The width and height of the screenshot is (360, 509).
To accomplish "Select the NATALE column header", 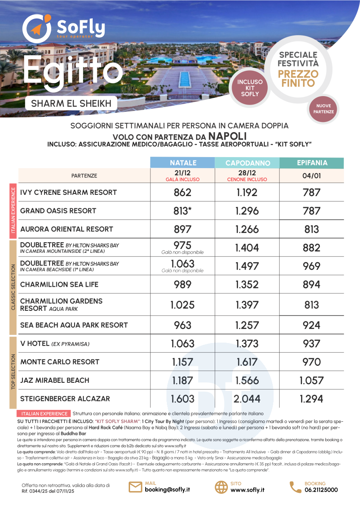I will coord(183,163).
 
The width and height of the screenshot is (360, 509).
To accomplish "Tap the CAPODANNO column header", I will coord(247,163).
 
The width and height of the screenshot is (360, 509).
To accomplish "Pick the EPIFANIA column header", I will coord(312,163).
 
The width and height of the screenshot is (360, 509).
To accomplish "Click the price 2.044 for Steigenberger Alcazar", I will coord(247,398).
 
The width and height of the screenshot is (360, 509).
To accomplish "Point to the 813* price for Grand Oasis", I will coord(183,210).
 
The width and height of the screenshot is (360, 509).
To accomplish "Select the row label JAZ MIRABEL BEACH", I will coord(59,380).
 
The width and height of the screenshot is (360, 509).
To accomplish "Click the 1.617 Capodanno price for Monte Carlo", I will coord(247,362).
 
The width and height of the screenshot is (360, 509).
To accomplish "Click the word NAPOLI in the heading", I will coord(228,136).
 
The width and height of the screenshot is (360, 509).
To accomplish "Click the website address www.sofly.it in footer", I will coord(248,490).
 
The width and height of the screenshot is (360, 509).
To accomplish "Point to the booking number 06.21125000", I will coord(321,490).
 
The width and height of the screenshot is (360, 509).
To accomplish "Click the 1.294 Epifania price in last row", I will coord(311,398).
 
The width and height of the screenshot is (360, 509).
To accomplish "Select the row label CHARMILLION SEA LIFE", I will coord(59,284).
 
